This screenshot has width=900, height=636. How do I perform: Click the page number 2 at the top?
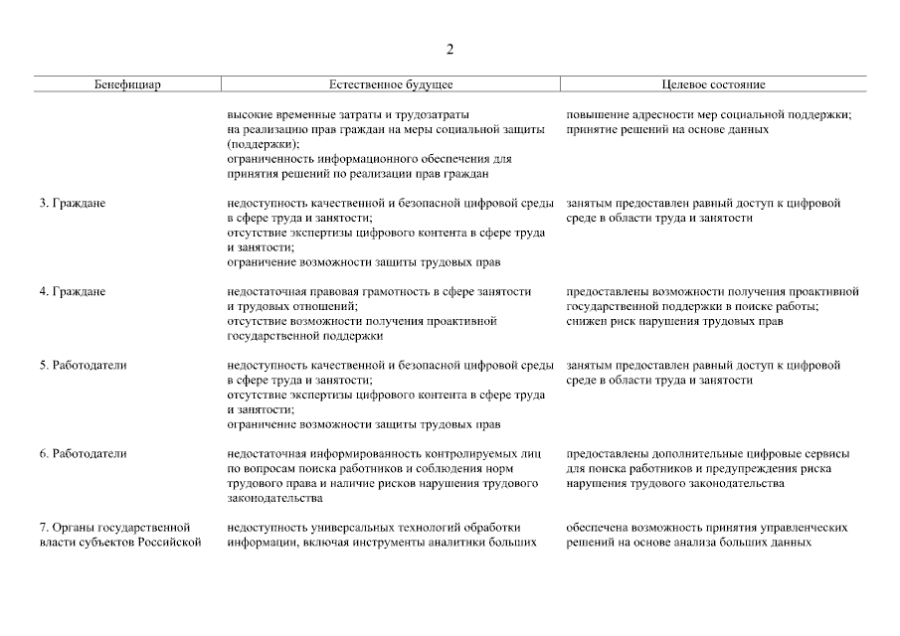(x=450, y=49)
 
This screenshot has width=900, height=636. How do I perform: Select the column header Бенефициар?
(x=128, y=85)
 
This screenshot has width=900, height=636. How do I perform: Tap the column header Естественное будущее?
(x=391, y=85)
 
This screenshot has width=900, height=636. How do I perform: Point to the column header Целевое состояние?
(x=713, y=85)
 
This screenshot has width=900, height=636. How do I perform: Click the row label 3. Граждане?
(x=73, y=204)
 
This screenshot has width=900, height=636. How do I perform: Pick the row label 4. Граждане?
(x=73, y=292)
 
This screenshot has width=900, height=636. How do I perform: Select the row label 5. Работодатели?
(x=84, y=366)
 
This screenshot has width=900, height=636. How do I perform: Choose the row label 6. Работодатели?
(x=84, y=454)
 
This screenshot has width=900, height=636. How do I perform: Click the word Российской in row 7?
(x=175, y=543)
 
